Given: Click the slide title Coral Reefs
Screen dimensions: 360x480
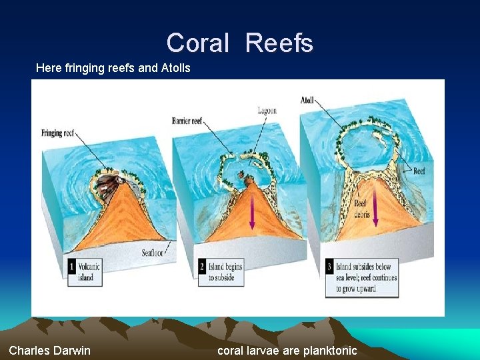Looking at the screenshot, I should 239,43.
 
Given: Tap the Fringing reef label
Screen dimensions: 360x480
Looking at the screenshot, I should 57,133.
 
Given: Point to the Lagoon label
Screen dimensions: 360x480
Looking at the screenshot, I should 267,111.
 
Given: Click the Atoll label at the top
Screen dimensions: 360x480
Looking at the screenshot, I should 307,100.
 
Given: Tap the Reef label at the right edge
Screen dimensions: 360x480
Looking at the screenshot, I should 419,171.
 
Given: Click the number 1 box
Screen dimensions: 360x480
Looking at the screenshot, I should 72,267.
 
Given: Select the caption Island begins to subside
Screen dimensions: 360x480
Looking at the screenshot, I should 223,272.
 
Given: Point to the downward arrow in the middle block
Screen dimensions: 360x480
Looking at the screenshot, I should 253,213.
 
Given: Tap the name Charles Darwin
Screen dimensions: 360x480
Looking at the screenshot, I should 50,351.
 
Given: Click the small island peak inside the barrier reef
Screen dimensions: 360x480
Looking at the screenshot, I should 249,179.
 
